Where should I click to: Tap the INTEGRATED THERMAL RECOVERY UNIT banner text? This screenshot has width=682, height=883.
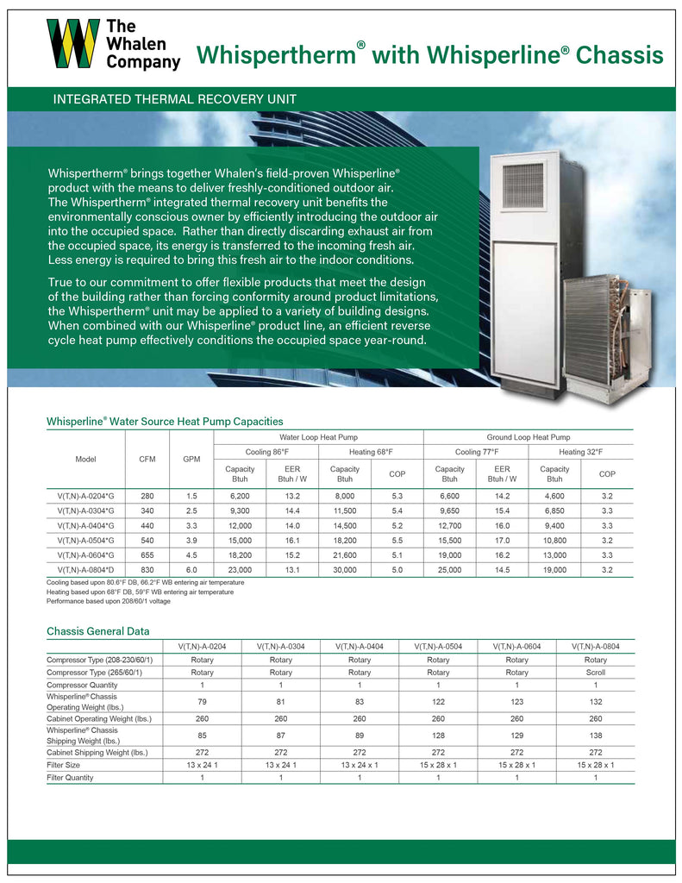[x=175, y=99]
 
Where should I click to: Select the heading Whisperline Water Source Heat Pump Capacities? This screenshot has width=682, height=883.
[x=165, y=421]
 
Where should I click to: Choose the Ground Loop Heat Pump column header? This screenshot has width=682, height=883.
[x=529, y=438]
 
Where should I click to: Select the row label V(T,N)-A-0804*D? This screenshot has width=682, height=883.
[x=85, y=570]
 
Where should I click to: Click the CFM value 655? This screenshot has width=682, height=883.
[x=147, y=555]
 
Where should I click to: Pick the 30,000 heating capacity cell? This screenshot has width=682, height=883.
[x=345, y=570]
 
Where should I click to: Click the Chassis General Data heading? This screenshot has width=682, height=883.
[x=97, y=631]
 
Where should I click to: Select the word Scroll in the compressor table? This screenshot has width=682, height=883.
[x=595, y=673]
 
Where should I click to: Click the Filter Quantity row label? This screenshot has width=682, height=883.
[x=71, y=777]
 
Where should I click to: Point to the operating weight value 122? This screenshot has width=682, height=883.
[x=438, y=702]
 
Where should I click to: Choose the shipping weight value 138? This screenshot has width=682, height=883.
[x=595, y=735]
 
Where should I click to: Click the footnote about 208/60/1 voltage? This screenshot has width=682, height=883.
[x=109, y=601]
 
